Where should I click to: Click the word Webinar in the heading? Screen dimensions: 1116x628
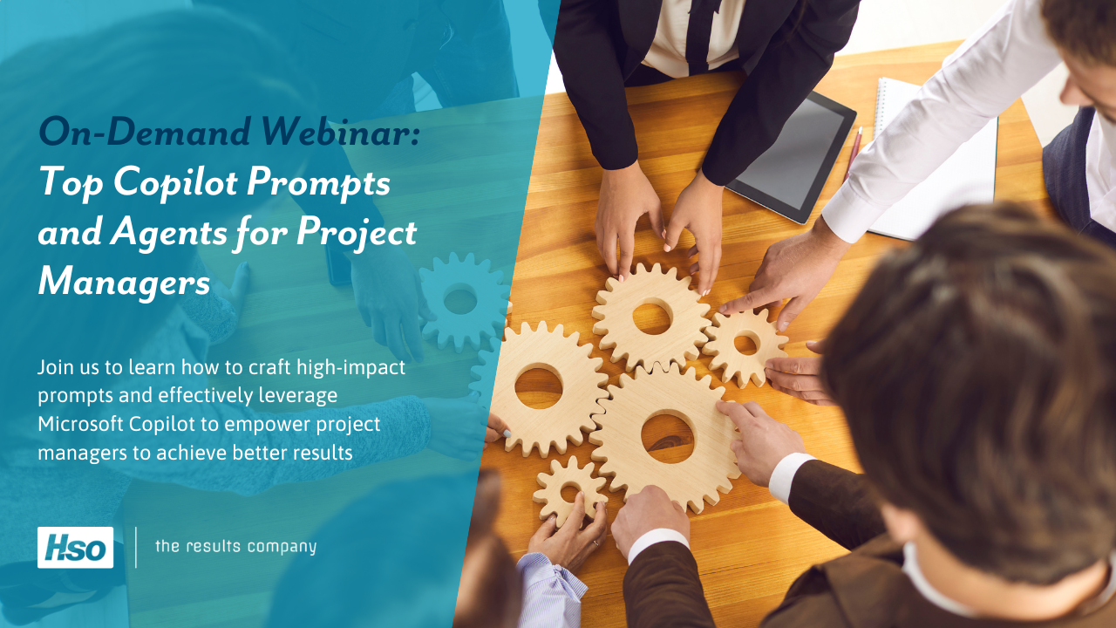(x=341, y=132)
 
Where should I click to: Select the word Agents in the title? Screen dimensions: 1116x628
(x=168, y=233)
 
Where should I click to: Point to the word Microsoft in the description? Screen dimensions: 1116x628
(x=80, y=424)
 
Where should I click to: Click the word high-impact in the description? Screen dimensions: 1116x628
(x=350, y=368)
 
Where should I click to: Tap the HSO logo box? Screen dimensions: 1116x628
(x=75, y=547)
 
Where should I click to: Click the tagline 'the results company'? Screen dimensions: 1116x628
(x=235, y=546)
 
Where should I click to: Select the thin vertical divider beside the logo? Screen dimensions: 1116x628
(x=136, y=547)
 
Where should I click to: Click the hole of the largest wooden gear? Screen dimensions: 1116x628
(x=667, y=439)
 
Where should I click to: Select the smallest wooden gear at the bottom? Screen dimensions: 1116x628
(x=570, y=491)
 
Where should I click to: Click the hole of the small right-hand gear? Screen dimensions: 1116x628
(x=745, y=345)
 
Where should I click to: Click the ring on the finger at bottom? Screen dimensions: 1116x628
(x=595, y=543)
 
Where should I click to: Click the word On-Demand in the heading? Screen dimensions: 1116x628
(x=145, y=132)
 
